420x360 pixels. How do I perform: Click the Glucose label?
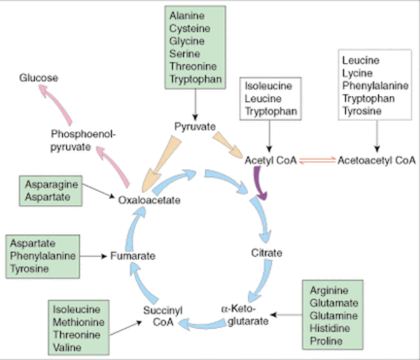tap(38, 78)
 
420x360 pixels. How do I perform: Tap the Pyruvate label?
tap(195, 126)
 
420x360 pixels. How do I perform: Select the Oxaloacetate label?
tap(149, 200)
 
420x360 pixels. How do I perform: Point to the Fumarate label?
tap(133, 256)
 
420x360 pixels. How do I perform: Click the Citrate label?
tap(266, 253)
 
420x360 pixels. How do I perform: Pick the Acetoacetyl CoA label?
tap(376, 160)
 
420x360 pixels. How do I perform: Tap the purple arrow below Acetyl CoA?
tap(260, 183)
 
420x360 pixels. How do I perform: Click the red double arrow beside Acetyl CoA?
tap(317, 160)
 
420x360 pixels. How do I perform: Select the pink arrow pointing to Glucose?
tap(55, 104)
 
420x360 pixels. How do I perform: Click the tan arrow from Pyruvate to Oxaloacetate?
tap(161, 164)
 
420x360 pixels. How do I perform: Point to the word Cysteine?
tap(190, 28)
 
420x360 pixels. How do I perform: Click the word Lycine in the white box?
tap(357, 73)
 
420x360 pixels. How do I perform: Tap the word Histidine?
tap(329, 328)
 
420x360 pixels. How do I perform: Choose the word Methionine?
tap(78, 322)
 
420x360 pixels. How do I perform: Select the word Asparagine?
tap(51, 184)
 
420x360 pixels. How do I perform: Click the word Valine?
tap(67, 347)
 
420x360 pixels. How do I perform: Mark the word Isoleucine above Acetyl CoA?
tap(268, 86)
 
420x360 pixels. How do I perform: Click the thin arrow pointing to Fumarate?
tap(93, 256)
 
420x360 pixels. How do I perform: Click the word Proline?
tap(326, 341)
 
